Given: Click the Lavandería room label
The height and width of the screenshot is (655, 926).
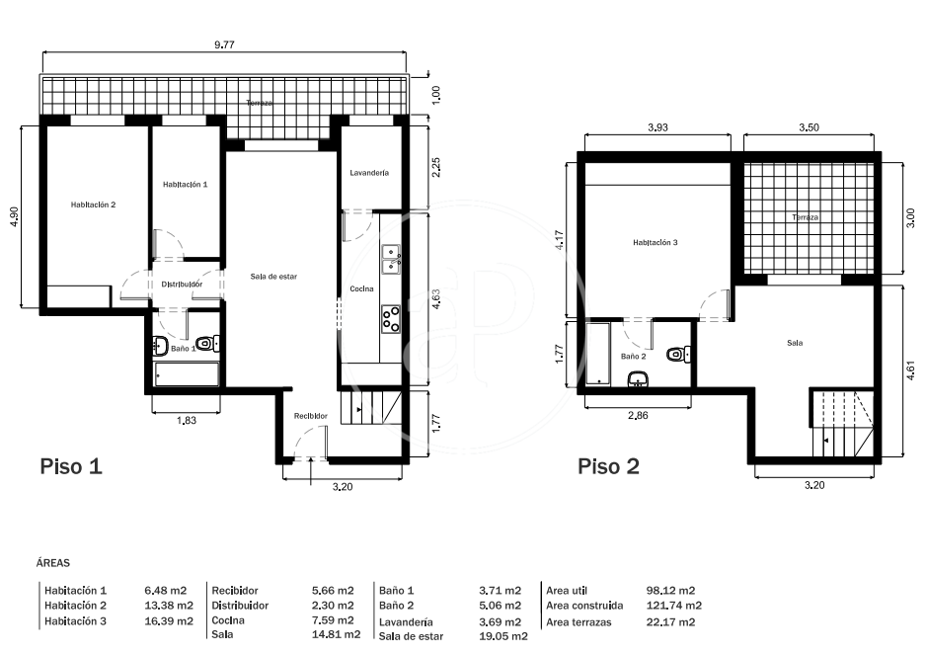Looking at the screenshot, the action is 369,173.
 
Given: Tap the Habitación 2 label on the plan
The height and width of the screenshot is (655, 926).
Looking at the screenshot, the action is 94,205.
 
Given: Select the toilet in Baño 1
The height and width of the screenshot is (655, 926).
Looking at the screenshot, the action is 207,343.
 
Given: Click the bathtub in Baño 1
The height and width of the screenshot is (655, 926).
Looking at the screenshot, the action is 186,374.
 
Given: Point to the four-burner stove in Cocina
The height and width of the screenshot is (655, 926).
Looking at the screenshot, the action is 390,319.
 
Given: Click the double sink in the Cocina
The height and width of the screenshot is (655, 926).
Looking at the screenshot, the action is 391,260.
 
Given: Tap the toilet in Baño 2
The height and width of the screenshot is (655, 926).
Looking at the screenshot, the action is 678,355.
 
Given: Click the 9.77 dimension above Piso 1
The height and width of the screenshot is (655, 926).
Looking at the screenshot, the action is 224,44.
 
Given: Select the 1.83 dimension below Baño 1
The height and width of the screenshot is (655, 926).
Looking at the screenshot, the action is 186,420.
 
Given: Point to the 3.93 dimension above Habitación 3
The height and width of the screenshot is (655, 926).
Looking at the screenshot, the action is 657,127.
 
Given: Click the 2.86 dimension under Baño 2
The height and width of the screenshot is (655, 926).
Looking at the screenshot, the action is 638,415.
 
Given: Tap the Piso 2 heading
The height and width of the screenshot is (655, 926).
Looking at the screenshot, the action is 608,466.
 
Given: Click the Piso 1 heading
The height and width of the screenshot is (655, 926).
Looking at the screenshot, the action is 71,466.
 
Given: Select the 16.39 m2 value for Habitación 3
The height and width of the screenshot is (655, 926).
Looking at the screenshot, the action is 168,621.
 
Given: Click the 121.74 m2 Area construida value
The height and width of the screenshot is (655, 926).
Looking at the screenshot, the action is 674,606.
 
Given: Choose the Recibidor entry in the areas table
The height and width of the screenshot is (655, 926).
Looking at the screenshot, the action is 235,591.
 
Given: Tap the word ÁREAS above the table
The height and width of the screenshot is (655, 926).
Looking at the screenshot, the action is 53,563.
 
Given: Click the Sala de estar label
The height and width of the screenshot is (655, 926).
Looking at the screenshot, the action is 273,277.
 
